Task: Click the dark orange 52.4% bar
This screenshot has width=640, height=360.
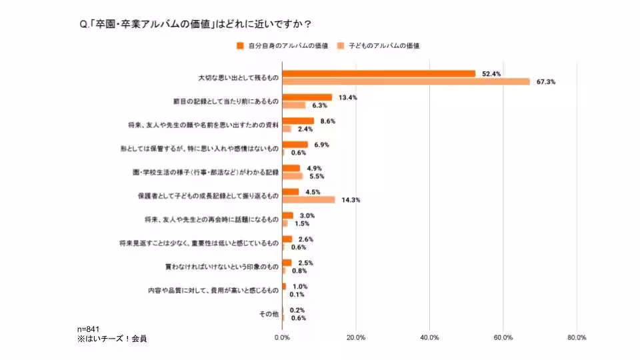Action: [379, 73]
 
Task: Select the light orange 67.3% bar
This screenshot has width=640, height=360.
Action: [406, 81]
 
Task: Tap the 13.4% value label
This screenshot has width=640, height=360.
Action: [348, 97]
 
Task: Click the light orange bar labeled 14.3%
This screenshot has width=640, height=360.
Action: [309, 199]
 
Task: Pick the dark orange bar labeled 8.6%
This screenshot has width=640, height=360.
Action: [298, 121]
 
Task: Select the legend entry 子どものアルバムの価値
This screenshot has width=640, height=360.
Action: [379, 45]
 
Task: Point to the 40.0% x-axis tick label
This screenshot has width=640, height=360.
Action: [429, 337]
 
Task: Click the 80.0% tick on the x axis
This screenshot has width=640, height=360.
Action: [576, 337]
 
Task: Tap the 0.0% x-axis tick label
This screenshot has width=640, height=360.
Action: [283, 337]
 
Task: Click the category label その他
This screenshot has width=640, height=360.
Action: [268, 314]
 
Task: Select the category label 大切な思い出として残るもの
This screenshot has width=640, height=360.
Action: [238, 77]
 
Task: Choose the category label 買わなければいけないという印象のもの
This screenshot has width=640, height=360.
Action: [221, 267]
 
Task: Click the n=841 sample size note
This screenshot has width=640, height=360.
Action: [89, 329]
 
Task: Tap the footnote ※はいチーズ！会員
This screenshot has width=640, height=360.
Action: [111, 339]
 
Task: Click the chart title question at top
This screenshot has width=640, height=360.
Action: [195, 25]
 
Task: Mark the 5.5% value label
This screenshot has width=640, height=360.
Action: [315, 176]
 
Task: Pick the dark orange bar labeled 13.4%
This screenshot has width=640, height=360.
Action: [307, 97]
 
